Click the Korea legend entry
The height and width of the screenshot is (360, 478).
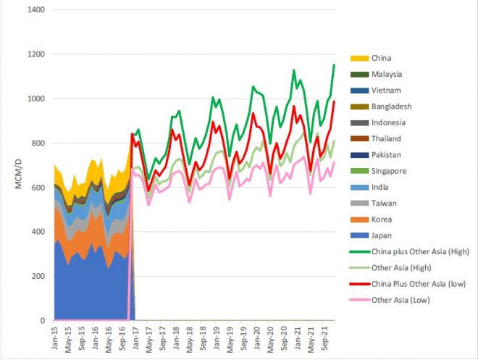(x=382, y=219)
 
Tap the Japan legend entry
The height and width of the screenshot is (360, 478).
(x=382, y=235)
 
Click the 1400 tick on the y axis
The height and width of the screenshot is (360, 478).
(x=33, y=10)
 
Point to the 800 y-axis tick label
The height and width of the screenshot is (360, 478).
(x=36, y=143)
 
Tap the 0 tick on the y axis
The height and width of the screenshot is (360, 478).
(x=42, y=320)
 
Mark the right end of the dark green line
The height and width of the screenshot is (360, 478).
(x=334, y=64)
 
